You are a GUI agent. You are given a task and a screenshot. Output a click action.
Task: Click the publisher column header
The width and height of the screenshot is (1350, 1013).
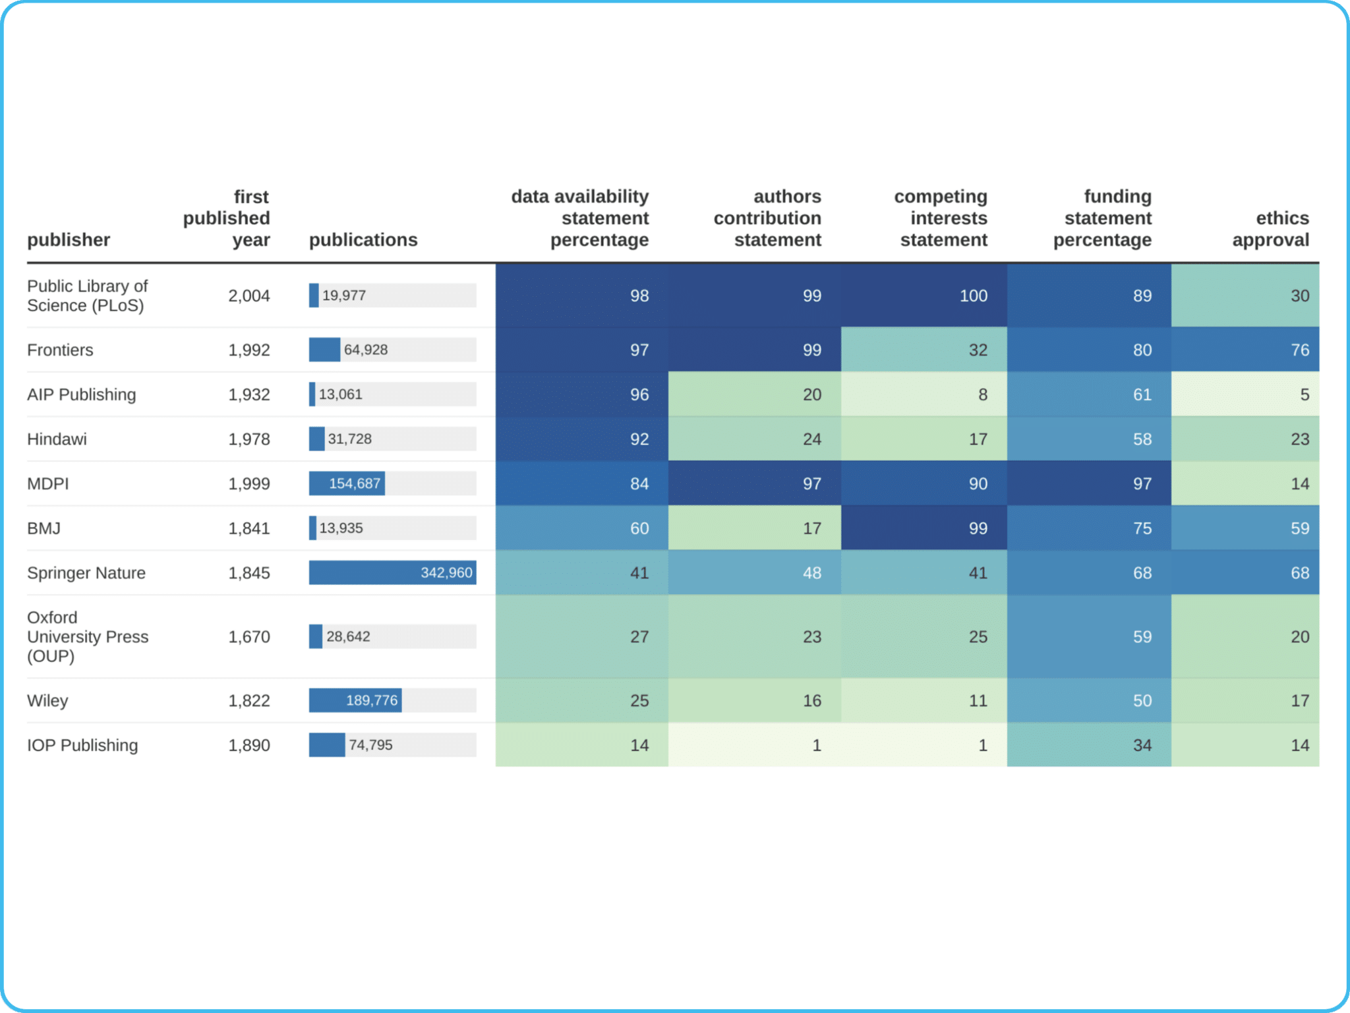(x=69, y=239)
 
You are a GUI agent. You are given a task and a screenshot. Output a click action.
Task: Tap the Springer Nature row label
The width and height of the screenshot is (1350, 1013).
(x=86, y=573)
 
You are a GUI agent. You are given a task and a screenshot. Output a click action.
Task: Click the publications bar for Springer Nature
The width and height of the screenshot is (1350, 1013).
(x=392, y=573)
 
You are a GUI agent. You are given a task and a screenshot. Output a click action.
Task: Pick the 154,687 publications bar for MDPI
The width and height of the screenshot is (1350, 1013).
(x=347, y=483)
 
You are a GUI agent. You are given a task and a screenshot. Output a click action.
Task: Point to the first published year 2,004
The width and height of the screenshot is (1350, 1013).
(x=249, y=295)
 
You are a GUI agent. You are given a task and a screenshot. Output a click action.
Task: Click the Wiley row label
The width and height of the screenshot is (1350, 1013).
(x=47, y=700)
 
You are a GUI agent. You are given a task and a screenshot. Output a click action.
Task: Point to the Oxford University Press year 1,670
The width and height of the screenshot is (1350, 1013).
(x=249, y=636)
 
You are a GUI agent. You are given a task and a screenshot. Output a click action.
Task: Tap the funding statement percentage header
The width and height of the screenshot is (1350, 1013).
(x=1102, y=218)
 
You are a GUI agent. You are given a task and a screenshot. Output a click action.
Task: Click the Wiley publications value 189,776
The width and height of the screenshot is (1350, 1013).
(x=372, y=700)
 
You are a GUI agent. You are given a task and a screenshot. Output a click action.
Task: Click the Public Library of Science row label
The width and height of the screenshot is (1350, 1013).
(x=87, y=295)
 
